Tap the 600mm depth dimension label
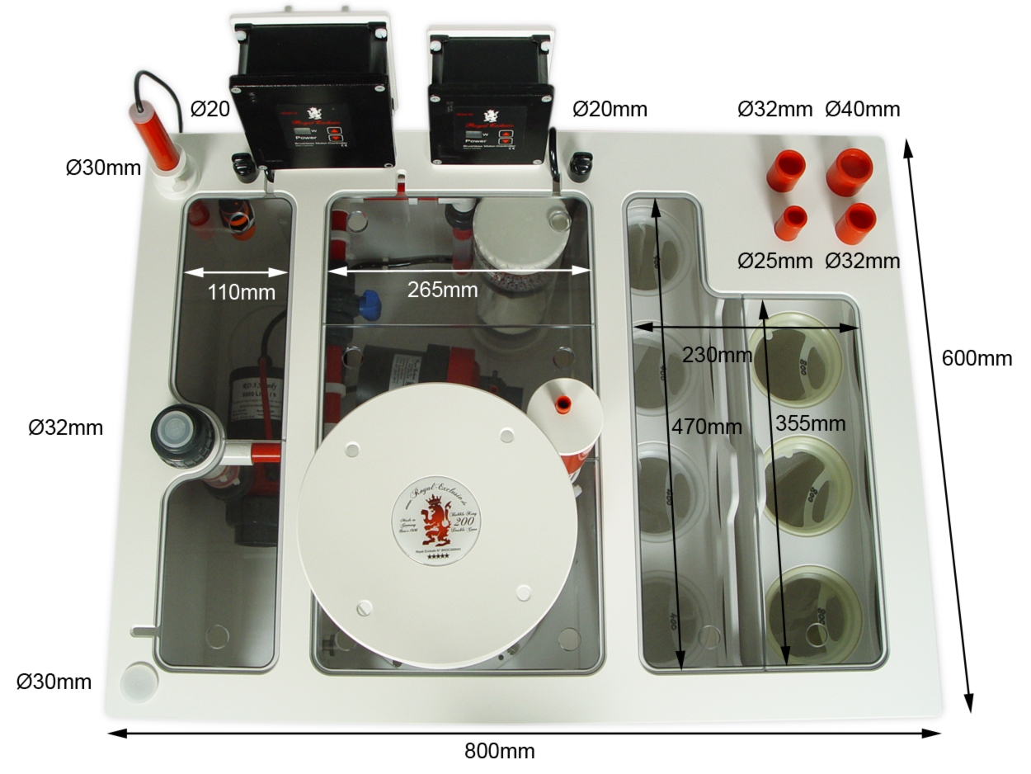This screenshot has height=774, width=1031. [977, 358]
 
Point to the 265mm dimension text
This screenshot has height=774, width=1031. [442, 290]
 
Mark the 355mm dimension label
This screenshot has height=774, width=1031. [811, 423]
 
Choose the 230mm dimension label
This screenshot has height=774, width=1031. [717, 355]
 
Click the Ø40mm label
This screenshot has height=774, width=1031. [863, 109]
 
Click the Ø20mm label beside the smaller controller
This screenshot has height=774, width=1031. [610, 109]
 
